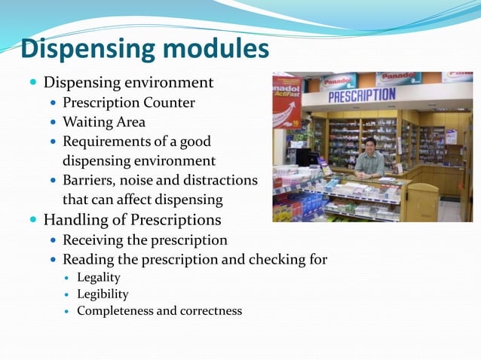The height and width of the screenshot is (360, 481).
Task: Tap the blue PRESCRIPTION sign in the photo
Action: pyautogui.click(x=361, y=95)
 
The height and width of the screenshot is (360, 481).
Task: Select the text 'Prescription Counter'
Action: pyautogui.click(x=128, y=102)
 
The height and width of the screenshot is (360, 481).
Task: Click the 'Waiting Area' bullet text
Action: pyautogui.click(x=103, y=122)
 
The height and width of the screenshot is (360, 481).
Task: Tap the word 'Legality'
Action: pyautogui.click(x=98, y=278)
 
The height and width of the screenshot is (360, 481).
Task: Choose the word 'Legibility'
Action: pyautogui.click(x=103, y=294)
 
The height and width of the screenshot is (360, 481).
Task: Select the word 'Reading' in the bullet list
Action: pyautogui.click(x=87, y=260)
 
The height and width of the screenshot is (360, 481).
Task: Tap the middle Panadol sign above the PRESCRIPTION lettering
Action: pyautogui.click(x=398, y=78)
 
